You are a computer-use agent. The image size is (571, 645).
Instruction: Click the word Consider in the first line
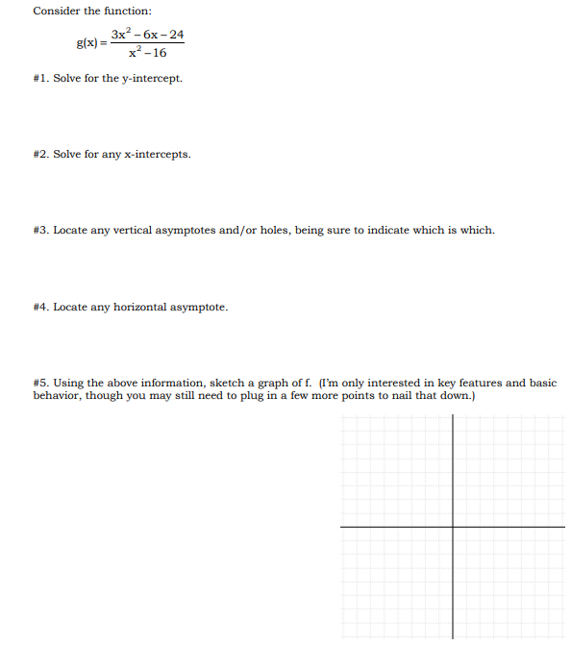55,11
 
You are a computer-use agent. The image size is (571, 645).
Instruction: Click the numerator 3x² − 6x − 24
147,35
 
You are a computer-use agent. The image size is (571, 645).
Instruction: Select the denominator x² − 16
146,53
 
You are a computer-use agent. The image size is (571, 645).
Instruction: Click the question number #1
40,78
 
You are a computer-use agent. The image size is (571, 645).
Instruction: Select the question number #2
40,154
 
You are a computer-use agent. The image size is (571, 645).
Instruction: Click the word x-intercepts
159,154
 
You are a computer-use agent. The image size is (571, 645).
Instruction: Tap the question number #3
40,230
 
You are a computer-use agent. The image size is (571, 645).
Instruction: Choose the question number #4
40,307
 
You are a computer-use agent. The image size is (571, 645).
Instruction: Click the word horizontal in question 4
140,307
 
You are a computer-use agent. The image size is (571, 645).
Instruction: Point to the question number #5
40,383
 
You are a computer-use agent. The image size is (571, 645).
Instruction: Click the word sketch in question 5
227,383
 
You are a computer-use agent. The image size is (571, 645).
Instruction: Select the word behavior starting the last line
56,396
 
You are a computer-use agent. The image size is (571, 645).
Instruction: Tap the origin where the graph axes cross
453,527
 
